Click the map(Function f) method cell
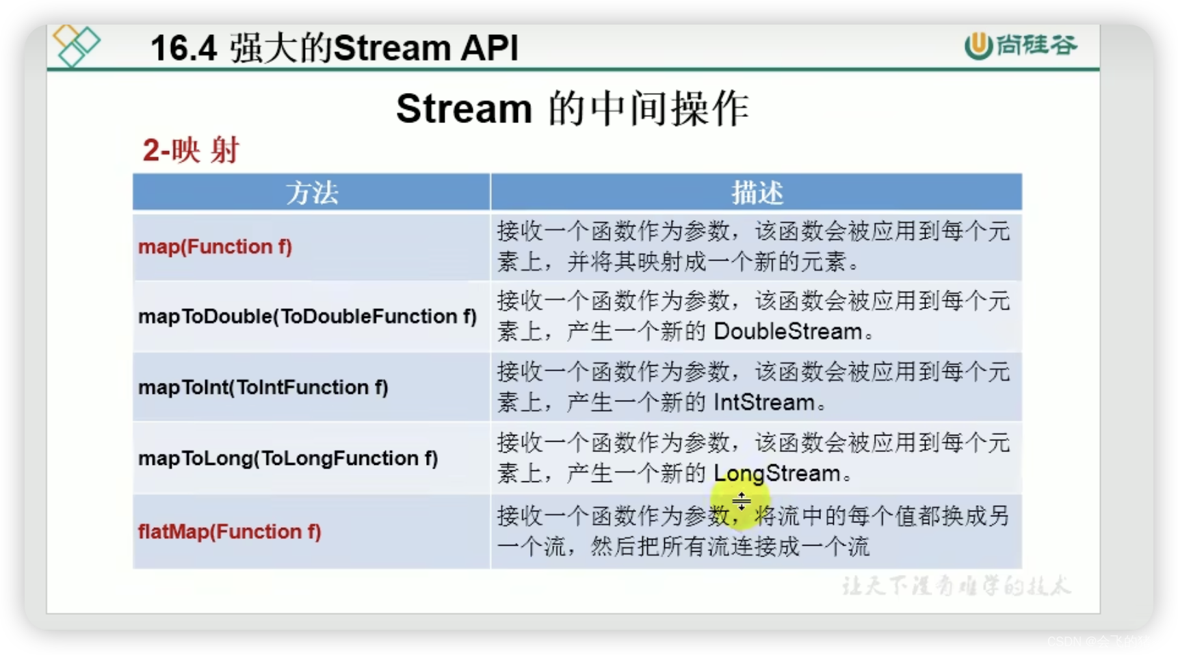215,247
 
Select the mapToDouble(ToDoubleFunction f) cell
307,317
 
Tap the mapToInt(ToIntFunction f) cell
263,388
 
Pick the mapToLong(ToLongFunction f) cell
287,458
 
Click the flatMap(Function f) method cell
229,531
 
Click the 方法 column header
311,192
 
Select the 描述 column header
756,192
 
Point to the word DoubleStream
787,332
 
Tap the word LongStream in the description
776,473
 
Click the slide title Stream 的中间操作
572,109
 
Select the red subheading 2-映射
191,150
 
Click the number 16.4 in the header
183,49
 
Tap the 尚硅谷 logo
1020,45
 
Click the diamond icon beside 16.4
76,45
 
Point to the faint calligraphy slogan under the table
955,586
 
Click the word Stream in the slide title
464,109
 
